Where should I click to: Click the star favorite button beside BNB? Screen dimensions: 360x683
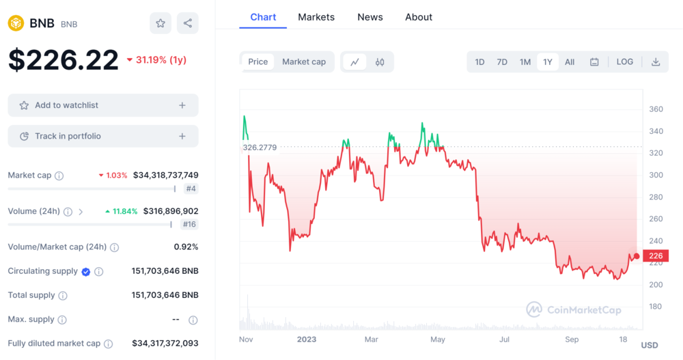point(161,23)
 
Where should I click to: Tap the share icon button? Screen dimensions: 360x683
point(188,23)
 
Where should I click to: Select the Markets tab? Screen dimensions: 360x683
point(316,17)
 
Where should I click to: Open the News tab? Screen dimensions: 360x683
point(370,17)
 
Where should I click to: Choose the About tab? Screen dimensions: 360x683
point(419,17)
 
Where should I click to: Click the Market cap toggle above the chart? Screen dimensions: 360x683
point(304,61)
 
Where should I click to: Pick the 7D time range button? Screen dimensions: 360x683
point(502,62)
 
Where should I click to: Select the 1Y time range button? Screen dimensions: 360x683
point(548,62)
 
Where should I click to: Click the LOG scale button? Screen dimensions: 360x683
point(625,61)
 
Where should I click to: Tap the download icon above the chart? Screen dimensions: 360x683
point(656,62)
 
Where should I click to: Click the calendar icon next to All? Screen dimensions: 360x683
point(594,62)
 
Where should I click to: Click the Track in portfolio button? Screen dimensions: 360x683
point(103,136)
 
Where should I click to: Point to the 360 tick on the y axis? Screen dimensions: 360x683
point(656,109)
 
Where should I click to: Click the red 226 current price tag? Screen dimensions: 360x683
point(656,256)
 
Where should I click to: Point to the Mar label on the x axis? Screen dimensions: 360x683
point(371,340)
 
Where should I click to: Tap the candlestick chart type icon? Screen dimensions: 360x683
point(380,62)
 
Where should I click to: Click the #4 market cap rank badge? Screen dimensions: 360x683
point(191,189)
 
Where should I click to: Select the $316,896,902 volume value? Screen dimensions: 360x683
point(171,211)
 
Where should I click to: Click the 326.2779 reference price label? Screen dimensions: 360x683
point(260,147)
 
